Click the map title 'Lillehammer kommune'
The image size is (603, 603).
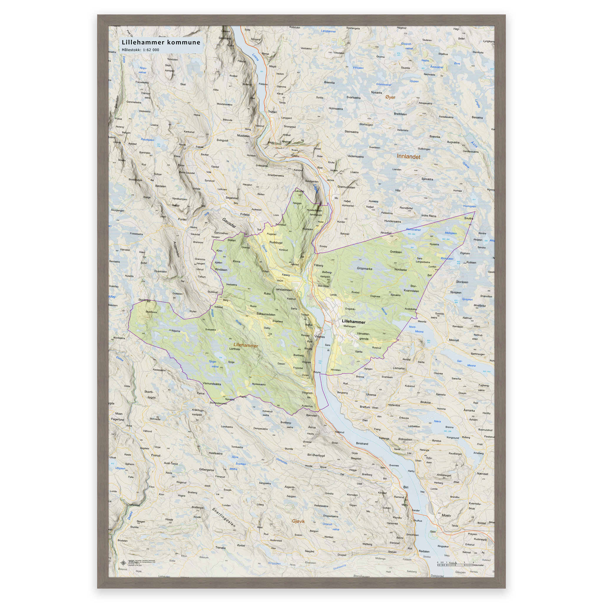(161, 42)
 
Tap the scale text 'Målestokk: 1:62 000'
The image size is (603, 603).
(140, 50)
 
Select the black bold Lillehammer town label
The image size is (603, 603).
(353, 322)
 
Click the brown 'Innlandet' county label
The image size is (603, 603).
(408, 157)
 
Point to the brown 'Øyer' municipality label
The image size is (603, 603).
(390, 97)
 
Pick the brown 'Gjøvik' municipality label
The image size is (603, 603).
(298, 521)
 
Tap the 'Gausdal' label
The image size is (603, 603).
(229, 223)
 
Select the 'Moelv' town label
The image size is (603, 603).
(446, 515)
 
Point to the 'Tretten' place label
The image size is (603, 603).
(272, 112)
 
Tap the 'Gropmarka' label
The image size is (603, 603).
(364, 269)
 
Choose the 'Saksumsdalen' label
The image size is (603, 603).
(266, 314)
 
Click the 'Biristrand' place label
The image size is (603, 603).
(362, 443)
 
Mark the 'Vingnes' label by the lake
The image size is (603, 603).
(319, 337)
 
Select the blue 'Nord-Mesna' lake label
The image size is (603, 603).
(416, 329)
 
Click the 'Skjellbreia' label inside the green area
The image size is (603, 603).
(151, 312)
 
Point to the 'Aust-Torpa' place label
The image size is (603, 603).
(171, 463)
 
